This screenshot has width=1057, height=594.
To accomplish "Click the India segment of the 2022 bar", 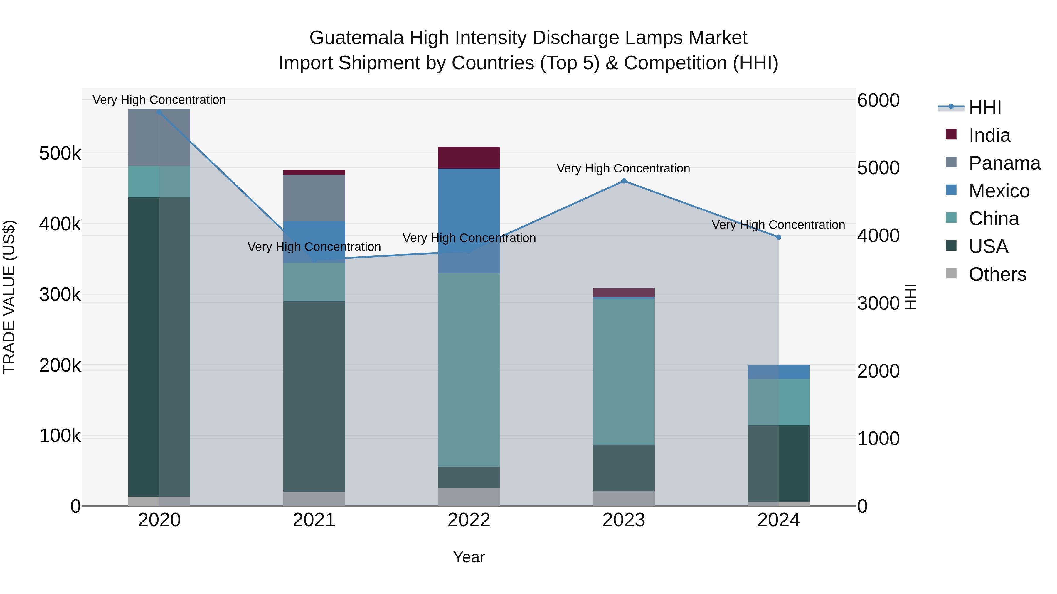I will [x=469, y=158].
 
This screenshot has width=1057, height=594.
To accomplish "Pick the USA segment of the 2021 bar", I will [x=314, y=396].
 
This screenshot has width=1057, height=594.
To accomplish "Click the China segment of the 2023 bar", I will [x=624, y=372].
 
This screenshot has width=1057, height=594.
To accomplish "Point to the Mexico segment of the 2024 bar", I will [x=778, y=372].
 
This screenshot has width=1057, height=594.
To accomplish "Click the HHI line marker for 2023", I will [x=624, y=181].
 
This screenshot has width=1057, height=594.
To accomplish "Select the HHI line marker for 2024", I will [x=778, y=237].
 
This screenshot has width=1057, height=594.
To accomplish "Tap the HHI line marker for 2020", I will [x=159, y=112].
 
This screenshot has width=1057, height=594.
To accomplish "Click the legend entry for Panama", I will [x=1004, y=163].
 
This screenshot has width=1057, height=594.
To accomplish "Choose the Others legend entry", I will [x=997, y=274].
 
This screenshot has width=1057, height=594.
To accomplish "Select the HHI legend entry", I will [x=985, y=107].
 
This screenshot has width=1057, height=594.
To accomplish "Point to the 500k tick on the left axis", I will [x=60, y=154].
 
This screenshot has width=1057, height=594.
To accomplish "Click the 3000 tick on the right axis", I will [x=878, y=303].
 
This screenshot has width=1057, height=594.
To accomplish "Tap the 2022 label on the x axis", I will [x=469, y=520].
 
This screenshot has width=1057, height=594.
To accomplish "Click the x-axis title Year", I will [x=469, y=557].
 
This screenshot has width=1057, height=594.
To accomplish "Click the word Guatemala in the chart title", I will [x=356, y=38].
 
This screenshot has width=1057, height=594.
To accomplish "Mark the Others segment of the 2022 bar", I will [x=469, y=497].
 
